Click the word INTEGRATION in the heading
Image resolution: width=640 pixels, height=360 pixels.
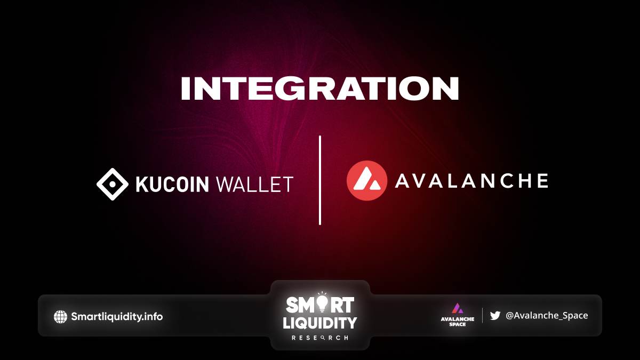pos(319,89)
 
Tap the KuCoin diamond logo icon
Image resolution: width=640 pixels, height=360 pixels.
pos(113,185)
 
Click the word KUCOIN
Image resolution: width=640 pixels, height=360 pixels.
pos(173,185)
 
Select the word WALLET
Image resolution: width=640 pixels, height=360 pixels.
pos(255,185)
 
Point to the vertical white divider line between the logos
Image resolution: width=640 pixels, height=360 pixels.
pos(319,180)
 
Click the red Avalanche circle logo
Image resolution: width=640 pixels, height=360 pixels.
pos(367,181)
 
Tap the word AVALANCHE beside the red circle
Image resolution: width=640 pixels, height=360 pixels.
pos(471,181)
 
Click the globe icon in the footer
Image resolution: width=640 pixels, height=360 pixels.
pos(60,317)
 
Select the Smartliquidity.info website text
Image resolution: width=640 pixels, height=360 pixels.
pos(117,317)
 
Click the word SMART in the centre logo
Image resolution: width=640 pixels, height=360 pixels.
pos(319,305)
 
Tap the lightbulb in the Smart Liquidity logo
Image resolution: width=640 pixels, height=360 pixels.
pos(322,303)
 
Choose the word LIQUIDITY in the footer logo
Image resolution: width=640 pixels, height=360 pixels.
pos(319,323)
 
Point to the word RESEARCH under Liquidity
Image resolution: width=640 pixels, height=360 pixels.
pos(319,338)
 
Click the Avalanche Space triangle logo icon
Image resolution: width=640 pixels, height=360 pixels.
pos(458,309)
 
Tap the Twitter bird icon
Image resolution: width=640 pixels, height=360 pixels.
pos(495,315)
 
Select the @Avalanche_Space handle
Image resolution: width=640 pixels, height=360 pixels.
pos(547,315)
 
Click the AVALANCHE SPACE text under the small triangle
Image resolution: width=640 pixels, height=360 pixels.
pos(458,322)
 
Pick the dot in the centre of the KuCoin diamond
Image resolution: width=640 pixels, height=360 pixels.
pos(113,185)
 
